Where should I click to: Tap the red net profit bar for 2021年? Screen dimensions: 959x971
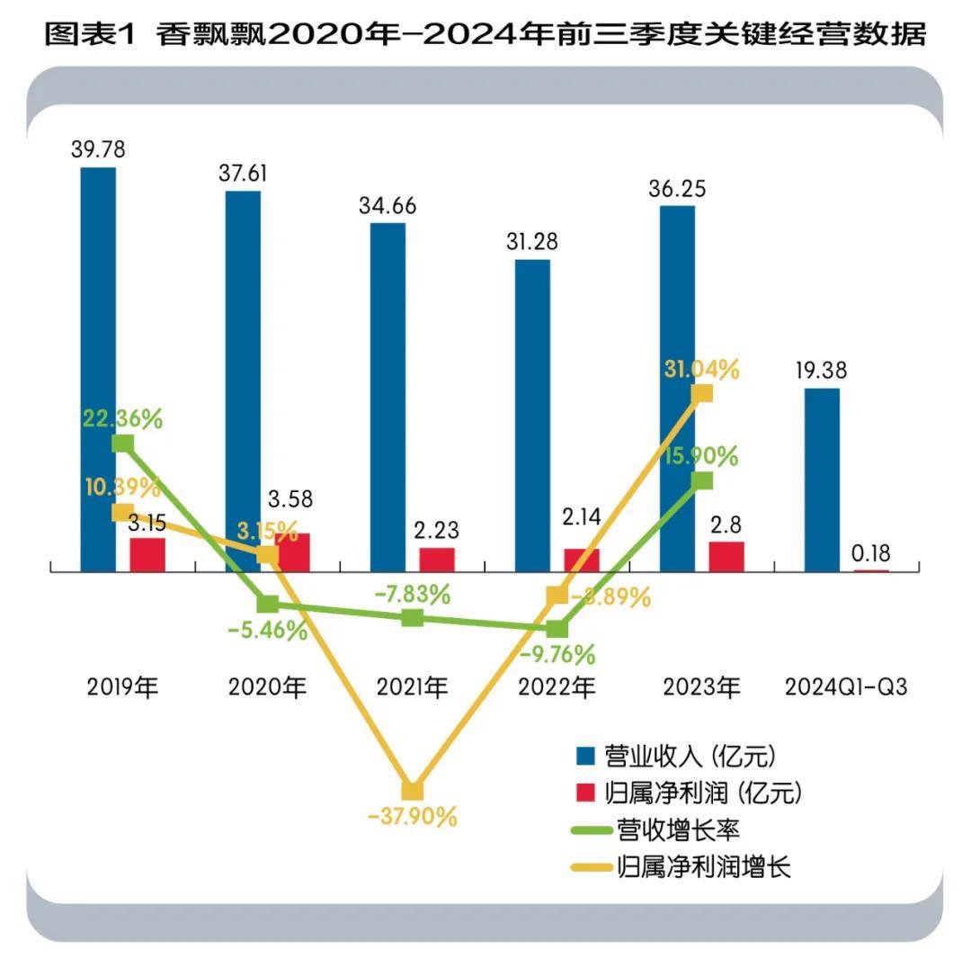pos(437,559)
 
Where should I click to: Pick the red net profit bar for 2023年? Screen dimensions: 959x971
pos(726,556)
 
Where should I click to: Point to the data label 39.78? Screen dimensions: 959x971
pos(98,149)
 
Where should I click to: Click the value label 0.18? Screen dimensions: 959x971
pos(871,552)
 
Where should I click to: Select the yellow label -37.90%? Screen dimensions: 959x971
pos(413,818)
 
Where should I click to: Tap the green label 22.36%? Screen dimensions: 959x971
pos(122,419)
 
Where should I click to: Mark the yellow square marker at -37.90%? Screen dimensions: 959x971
pos(412,791)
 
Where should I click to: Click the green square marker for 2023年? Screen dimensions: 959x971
pos(703,480)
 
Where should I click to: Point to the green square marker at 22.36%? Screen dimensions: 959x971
pos(122,444)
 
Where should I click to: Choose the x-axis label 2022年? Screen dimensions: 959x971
pos(557,688)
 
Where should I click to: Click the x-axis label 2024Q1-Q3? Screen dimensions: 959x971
pos(846,688)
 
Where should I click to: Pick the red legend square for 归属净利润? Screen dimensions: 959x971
pos(586,793)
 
